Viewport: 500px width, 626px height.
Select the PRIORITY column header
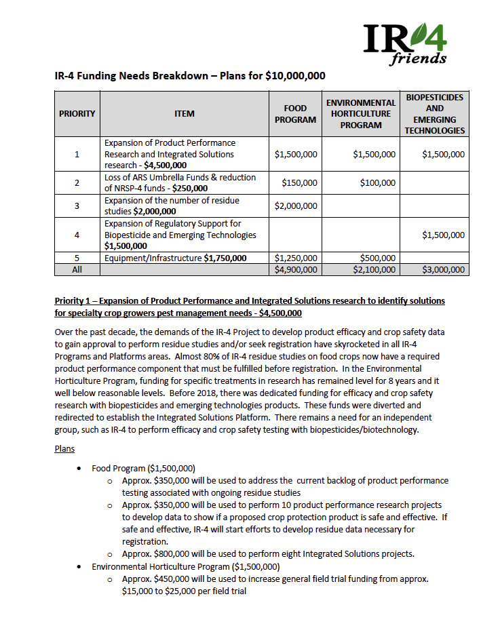click(x=77, y=113)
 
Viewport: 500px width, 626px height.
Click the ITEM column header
click(x=184, y=113)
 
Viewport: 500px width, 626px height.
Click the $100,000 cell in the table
click(x=377, y=182)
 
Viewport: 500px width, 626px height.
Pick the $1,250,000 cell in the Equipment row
click(x=296, y=258)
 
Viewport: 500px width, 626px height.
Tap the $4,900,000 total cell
click(x=296, y=269)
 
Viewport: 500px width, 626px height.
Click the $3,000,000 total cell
click(x=443, y=269)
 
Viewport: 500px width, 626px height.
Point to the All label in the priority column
click(x=77, y=269)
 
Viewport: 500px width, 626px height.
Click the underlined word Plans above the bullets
click(x=64, y=448)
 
